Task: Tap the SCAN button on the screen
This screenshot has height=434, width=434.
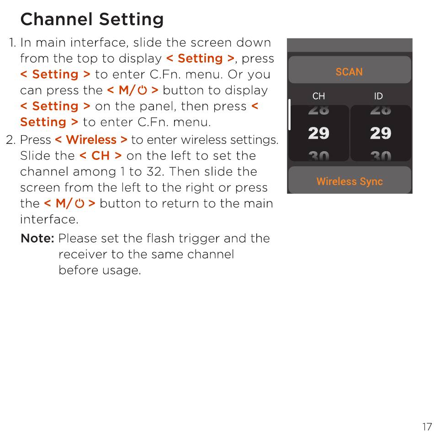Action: pyautogui.click(x=349, y=70)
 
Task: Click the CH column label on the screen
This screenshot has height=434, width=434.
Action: pyautogui.click(x=318, y=96)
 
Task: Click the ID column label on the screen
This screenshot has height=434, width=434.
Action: pyautogui.click(x=378, y=96)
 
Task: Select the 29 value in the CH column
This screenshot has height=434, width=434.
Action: pyautogui.click(x=318, y=133)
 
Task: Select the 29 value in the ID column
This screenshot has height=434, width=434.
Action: pyautogui.click(x=381, y=133)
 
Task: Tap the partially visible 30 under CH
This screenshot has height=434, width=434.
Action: pyautogui.click(x=318, y=156)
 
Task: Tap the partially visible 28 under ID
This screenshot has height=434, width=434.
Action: pyautogui.click(x=381, y=110)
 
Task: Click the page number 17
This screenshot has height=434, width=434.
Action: pyautogui.click(x=427, y=427)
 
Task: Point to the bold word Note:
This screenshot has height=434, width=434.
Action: pyautogui.click(x=37, y=238)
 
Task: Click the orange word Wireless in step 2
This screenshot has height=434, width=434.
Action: pyautogui.click(x=91, y=140)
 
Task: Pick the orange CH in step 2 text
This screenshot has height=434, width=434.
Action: pyautogui.click(x=101, y=156)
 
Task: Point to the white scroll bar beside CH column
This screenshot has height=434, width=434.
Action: pyautogui.click(x=289, y=115)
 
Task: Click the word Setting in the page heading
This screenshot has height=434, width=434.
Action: pyautogui.click(x=131, y=20)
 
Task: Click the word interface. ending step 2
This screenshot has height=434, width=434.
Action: pyautogui.click(x=49, y=219)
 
